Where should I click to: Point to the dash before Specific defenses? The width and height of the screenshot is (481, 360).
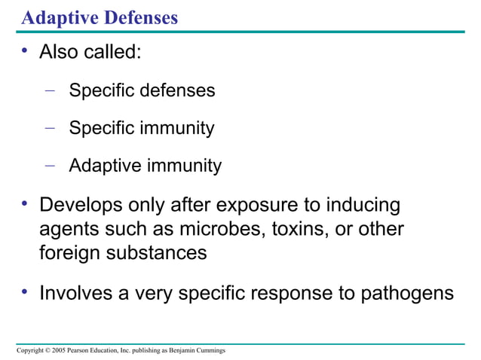[x=50, y=90]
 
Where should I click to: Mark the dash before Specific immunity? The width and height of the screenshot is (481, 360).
[x=50, y=127]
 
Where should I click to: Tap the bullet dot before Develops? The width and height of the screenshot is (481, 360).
[x=25, y=203]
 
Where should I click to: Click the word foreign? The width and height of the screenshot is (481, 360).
[x=69, y=253]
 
